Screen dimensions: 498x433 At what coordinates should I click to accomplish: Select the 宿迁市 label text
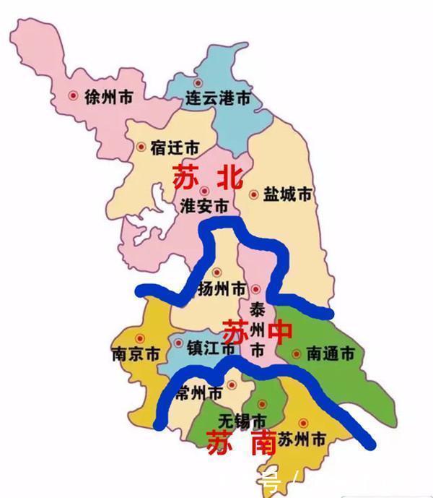pyautogui.click(x=174, y=147)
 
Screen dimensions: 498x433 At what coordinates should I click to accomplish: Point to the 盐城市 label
pyautogui.click(x=287, y=194)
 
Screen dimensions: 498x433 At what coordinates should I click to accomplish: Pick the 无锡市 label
pyautogui.click(x=242, y=421)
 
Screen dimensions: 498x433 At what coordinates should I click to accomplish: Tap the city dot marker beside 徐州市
pyautogui.click(x=73, y=95)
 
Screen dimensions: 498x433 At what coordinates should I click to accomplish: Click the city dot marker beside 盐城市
pyautogui.click(x=253, y=194)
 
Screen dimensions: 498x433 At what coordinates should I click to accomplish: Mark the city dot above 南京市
pyautogui.click(x=141, y=338)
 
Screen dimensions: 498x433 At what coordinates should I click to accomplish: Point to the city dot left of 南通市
pyautogui.click(x=297, y=354)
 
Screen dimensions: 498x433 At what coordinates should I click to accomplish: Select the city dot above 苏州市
pyautogui.click(x=302, y=422)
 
